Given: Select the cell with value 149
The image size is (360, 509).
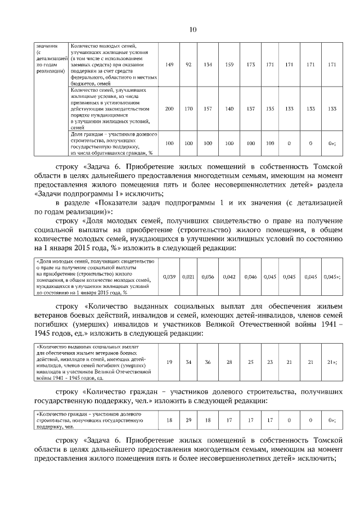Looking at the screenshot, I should point(169,65).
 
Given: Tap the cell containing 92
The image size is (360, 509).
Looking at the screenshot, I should point(189,65).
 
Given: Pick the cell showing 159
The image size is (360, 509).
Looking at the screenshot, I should point(229,65).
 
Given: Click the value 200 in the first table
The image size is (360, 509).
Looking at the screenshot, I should point(169,109).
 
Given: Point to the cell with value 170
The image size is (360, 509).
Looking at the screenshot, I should point(189,109).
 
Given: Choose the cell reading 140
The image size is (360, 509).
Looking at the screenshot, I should point(229,109).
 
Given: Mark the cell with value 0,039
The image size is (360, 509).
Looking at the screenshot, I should point(169,277).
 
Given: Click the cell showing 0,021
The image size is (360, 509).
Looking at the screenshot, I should point(188,277).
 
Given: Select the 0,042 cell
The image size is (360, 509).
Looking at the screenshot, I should point(229,277).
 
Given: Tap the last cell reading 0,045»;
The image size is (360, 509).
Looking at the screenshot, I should point(332,277).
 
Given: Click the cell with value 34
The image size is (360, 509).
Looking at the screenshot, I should point(189,362).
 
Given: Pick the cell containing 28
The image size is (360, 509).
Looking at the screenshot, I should point(229,362).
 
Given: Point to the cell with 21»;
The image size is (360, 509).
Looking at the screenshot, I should point(332,362).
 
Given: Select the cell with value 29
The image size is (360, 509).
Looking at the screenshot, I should point(189,420).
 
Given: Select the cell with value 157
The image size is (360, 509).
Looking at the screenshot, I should point(208,109).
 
